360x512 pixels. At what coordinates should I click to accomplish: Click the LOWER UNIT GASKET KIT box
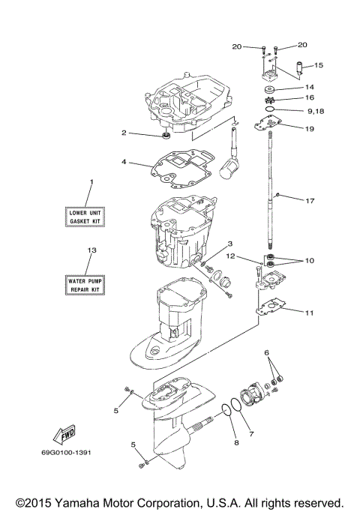85,217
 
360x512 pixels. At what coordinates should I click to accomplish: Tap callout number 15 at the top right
319,66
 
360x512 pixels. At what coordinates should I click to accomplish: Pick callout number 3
231,243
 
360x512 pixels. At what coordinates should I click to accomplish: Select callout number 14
309,87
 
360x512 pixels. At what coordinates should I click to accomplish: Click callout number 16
309,97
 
